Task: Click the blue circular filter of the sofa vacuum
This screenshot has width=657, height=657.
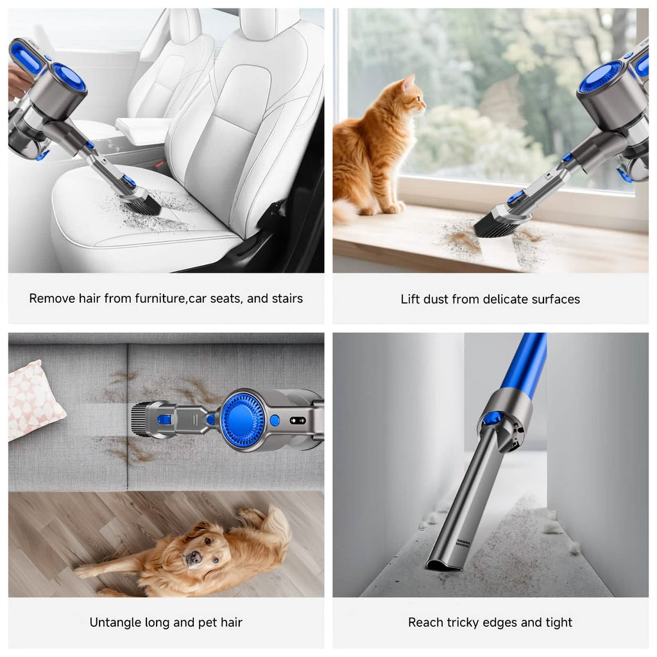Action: [243, 420]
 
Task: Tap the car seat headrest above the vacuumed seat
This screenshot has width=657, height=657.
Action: [269, 24]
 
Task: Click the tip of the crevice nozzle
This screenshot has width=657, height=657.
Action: [443, 565]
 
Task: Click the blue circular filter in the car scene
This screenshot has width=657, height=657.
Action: [69, 77]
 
